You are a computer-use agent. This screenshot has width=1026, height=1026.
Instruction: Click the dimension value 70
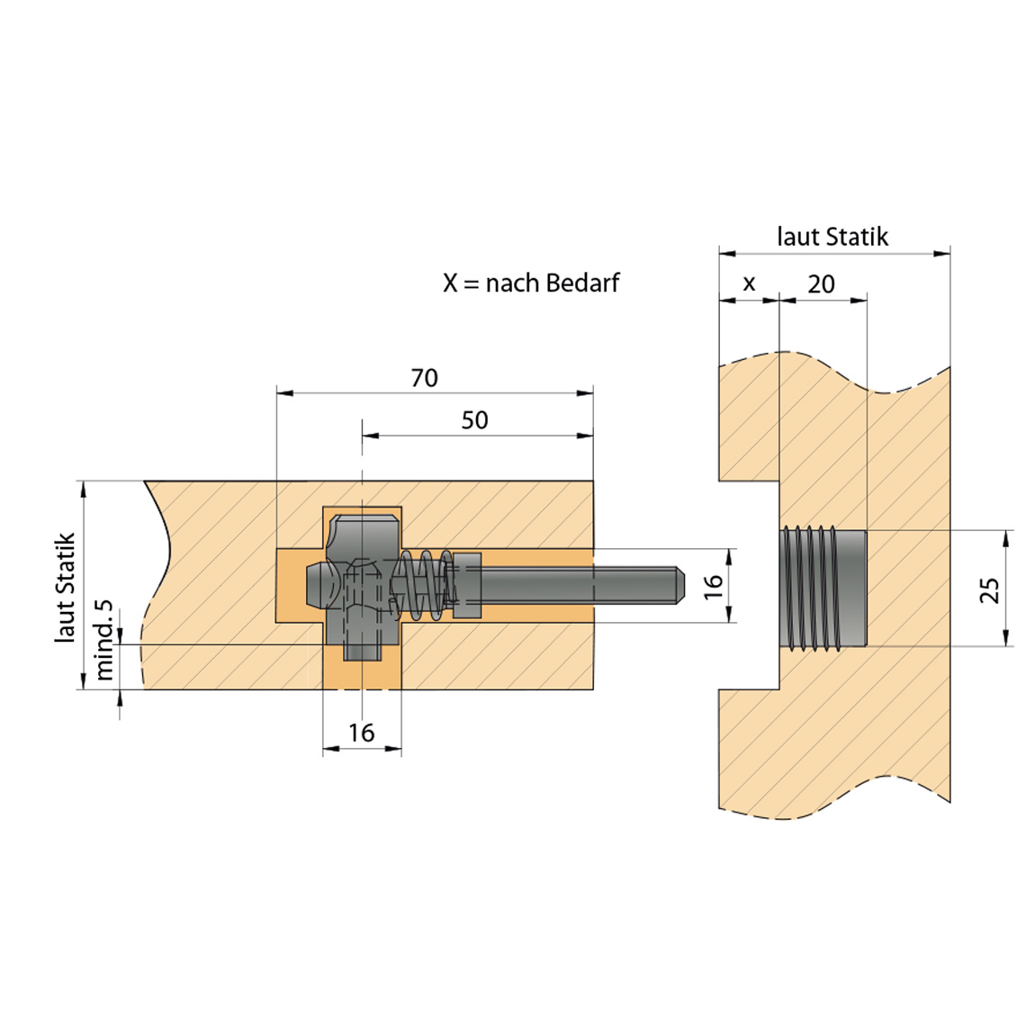[x=424, y=378]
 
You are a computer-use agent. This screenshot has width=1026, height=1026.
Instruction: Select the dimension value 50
[x=474, y=420]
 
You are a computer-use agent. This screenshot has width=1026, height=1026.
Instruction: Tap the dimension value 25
[x=990, y=589]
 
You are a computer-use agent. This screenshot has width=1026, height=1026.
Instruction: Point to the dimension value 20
[x=821, y=284]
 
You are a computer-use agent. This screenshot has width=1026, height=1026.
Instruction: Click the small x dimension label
[x=749, y=284]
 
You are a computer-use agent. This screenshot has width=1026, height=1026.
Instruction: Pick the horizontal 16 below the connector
[x=361, y=733]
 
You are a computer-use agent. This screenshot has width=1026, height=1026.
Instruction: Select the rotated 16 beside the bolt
[x=713, y=586]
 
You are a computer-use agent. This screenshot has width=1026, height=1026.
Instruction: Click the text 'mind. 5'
[x=104, y=640]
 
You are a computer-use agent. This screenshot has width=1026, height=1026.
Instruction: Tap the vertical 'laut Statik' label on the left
[x=66, y=588]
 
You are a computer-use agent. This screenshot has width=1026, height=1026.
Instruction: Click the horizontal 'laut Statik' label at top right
[x=832, y=236]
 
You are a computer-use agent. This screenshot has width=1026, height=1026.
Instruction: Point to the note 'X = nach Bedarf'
[x=531, y=283]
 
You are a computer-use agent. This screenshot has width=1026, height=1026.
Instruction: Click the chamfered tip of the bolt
[x=680, y=585]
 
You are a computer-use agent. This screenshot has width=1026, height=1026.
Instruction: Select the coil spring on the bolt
[x=424, y=585]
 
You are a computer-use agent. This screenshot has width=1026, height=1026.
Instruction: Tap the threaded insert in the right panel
[x=823, y=589]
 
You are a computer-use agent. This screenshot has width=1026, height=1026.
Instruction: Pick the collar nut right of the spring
[x=466, y=585]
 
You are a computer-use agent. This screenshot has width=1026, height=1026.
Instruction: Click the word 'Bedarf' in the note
[x=582, y=283]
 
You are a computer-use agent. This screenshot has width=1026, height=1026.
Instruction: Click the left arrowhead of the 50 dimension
[x=371, y=435]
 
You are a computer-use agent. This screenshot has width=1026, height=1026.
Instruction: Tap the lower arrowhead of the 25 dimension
[x=1006, y=638]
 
